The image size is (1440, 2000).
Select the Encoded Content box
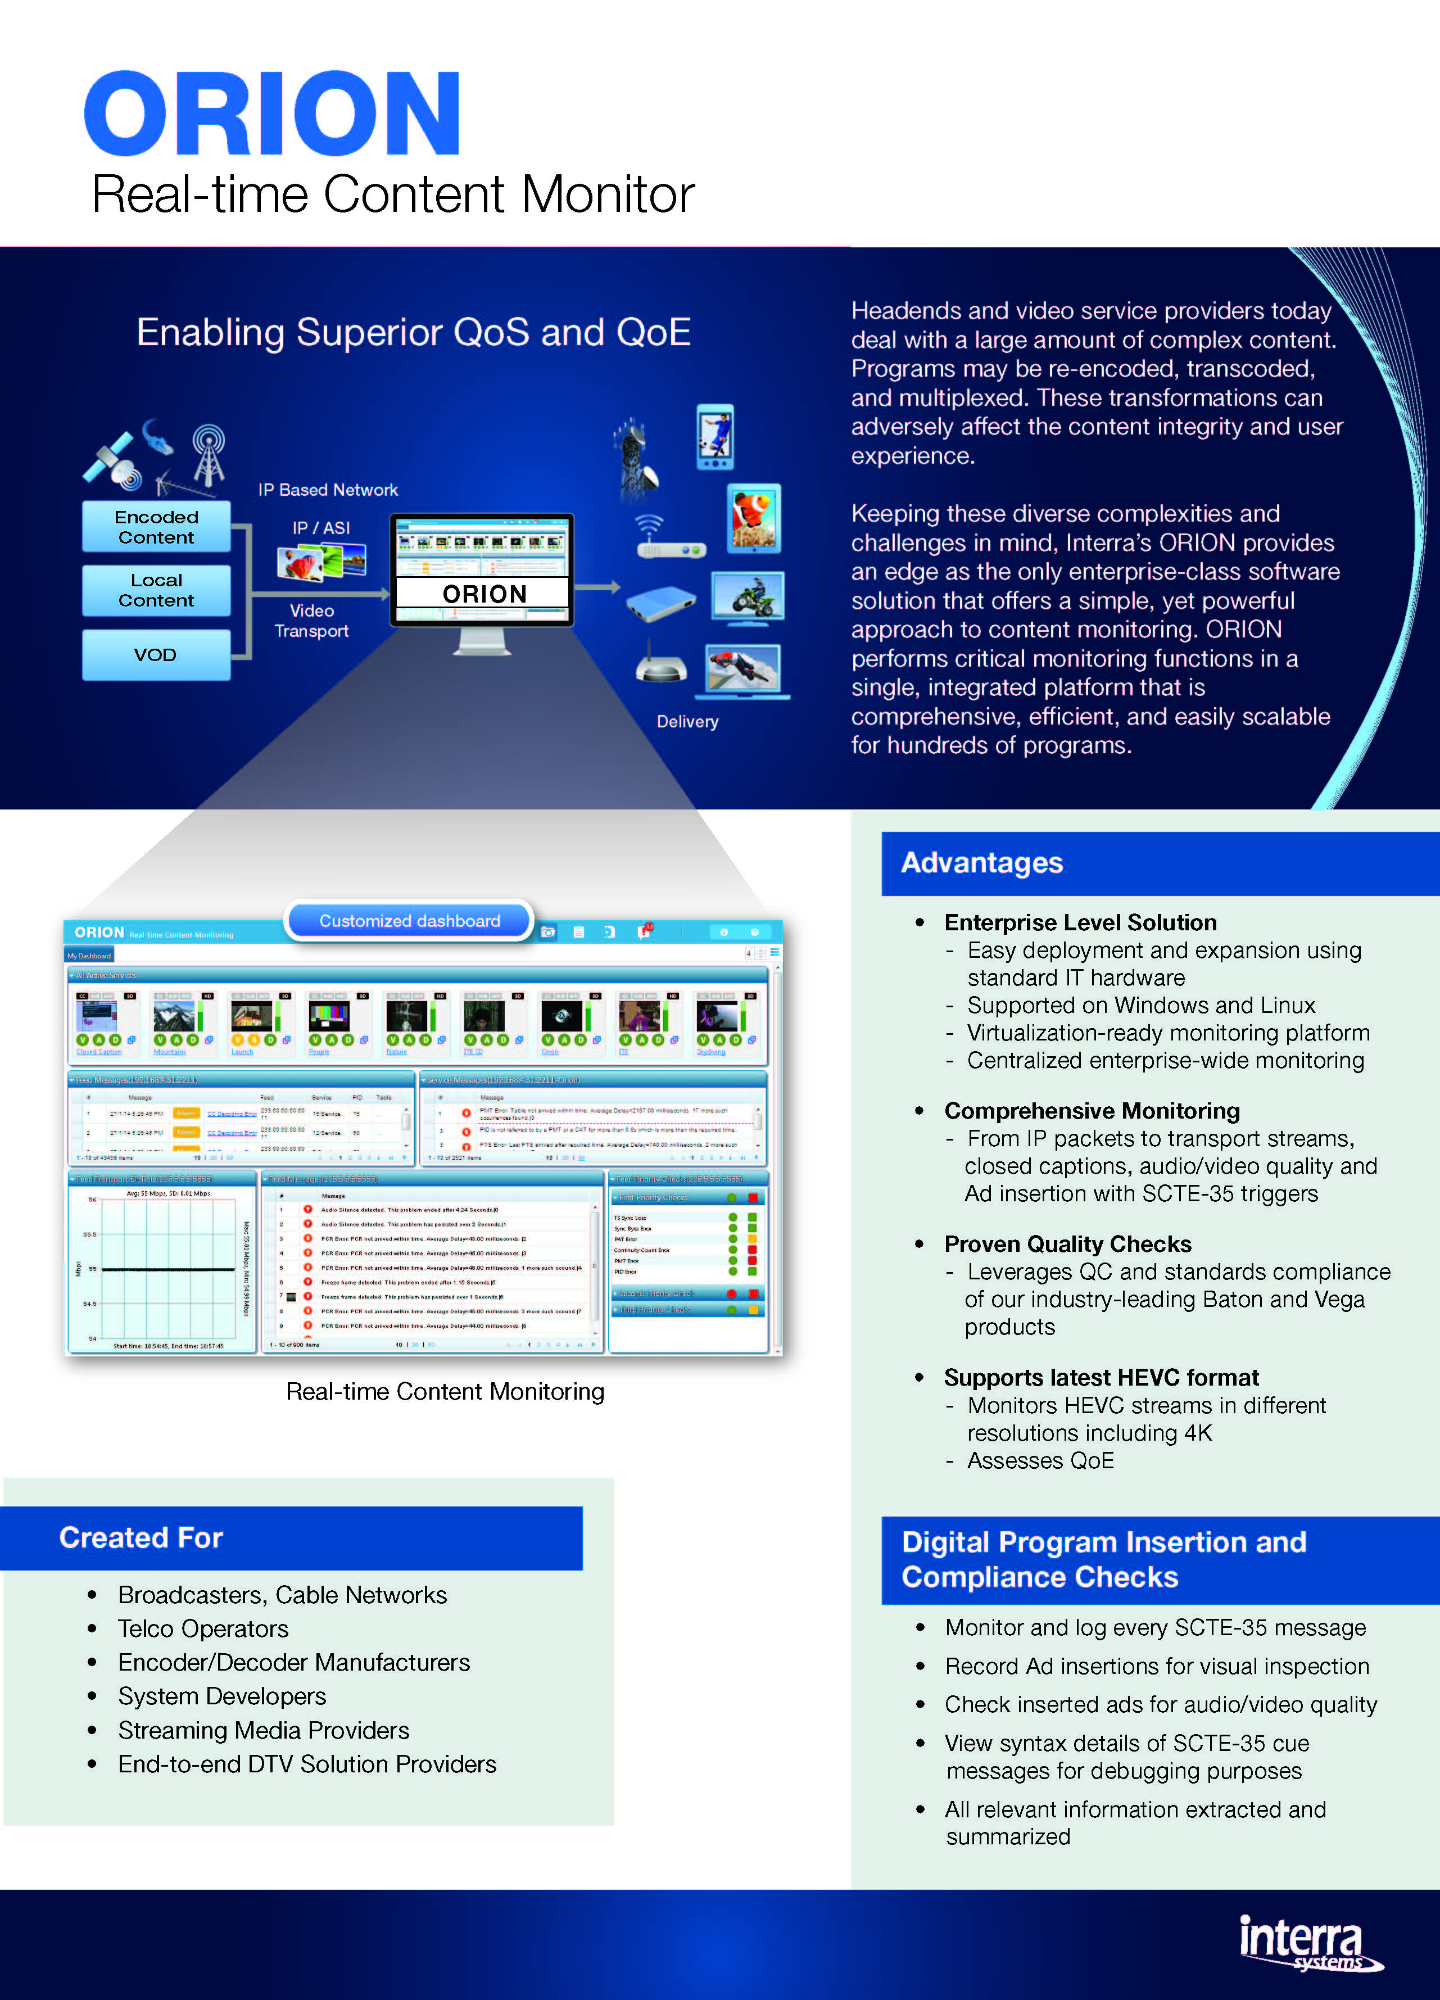pos(156,527)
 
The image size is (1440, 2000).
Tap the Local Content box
pos(156,590)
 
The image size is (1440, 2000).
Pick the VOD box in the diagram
pos(155,654)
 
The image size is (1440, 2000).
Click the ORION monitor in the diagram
pos(482,569)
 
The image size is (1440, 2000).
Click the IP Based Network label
pos(328,490)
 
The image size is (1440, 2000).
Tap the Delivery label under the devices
pos(687,721)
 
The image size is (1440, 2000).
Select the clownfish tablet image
pos(754,518)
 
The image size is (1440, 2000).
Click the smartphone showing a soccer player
pos(714,437)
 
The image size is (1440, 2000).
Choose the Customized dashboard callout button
pos(409,921)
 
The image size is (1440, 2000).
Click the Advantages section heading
pos(981,862)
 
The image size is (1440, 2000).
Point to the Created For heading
pos(141,1537)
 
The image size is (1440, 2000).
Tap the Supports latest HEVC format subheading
pos(1101,1377)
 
